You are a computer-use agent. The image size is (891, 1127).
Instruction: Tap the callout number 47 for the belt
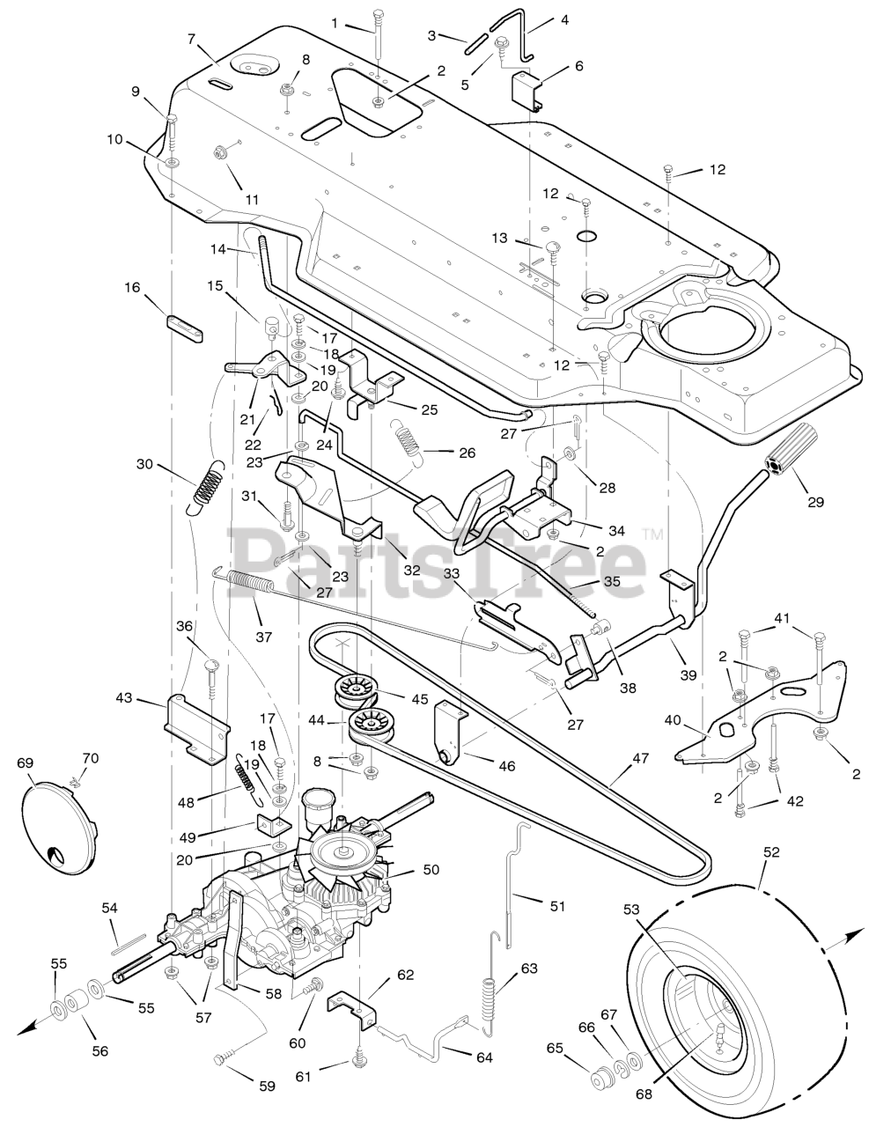click(x=640, y=758)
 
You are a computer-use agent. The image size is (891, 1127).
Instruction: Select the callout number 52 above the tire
click(x=771, y=851)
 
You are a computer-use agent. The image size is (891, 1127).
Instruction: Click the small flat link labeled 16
click(x=186, y=328)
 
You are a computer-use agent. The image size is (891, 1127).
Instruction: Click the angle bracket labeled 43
click(x=197, y=730)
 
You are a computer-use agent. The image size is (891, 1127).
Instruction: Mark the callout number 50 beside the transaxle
click(x=431, y=869)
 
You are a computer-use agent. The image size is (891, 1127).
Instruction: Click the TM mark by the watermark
click(x=653, y=534)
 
